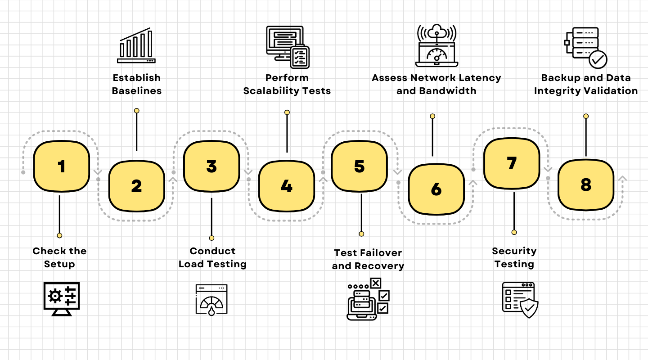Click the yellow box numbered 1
pos(62,166)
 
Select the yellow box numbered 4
pos(286,186)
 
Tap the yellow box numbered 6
pos(436,189)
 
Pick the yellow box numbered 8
pos(585,184)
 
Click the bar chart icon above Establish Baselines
pos(136,46)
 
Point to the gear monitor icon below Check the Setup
pos(62,298)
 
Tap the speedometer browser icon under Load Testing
pos(211,300)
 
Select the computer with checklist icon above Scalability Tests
pos(288,47)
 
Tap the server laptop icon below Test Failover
pos(368,299)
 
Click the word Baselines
pos(136,91)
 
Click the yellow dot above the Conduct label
pos(211,238)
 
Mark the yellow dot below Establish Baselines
pos(136,111)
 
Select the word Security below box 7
pos(514,251)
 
